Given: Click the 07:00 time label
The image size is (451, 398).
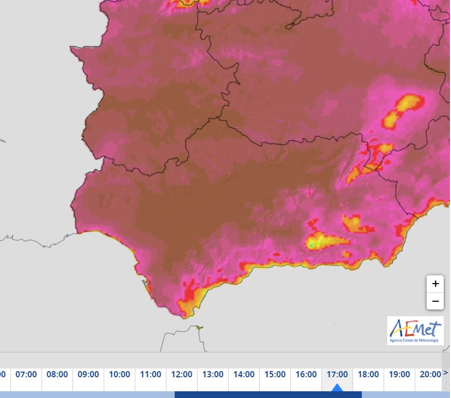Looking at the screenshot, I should click(26, 374).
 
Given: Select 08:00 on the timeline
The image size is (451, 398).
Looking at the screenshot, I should click(57, 374).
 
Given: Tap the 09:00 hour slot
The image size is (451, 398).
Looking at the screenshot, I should click(88, 374).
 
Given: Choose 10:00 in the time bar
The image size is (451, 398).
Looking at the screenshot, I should click(119, 374).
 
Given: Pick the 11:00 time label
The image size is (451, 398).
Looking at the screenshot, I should click(150, 374).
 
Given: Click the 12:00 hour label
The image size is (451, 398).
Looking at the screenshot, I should click(181, 374).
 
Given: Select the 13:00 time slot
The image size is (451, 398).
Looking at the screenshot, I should click(213, 374).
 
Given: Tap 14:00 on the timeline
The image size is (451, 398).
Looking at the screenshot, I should click(244, 374).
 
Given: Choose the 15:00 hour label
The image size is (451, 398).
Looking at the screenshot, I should click(275, 374).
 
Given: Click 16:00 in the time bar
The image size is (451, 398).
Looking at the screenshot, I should click(306, 374).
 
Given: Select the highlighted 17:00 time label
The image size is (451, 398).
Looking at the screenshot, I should click(337, 374).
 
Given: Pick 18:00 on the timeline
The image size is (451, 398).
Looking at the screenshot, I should click(368, 374).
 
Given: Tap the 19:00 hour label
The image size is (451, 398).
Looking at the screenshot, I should click(399, 374).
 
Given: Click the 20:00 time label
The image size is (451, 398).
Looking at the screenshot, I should click(430, 374).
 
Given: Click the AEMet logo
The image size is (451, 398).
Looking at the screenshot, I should click(415, 330).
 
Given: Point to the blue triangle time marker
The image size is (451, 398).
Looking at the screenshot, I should click(337, 388).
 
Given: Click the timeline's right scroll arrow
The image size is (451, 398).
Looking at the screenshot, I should click(446, 373).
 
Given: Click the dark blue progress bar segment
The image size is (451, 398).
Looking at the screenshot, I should click(268, 395).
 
